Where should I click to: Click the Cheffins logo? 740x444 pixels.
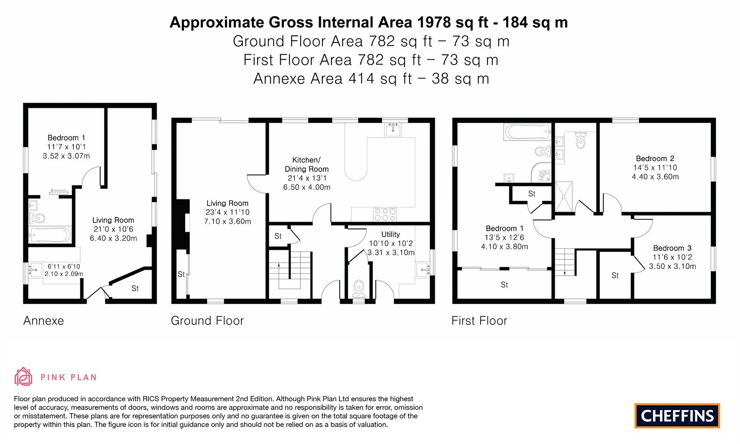coord(677,416)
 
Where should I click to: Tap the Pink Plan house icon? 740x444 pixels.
coord(23,377)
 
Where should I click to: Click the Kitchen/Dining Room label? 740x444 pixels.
coord(307,164)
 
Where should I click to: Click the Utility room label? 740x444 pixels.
coord(391,234)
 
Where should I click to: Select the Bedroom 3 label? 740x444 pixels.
coord(672,248)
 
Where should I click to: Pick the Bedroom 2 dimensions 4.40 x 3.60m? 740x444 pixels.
coord(655,177)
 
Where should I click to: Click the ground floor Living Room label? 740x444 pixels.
coord(227,203)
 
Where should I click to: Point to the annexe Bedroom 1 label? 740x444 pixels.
coord(66,138)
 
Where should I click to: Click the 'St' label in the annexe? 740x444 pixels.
coord(135,289)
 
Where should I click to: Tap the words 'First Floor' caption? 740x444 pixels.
coord(479,321)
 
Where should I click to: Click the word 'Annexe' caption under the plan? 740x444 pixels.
coord(44,321)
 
